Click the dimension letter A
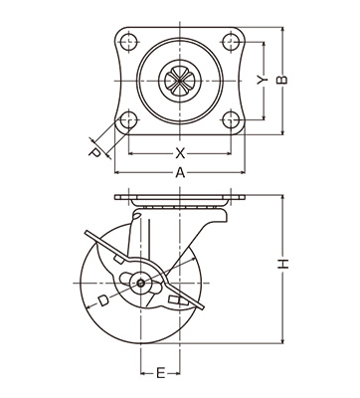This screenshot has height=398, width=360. tap(180, 173)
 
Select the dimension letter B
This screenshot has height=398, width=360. tap(281, 80)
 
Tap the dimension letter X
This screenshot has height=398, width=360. tap(180, 153)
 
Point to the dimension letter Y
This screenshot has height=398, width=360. tap(263, 80)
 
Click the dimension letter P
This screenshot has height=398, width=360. tap(95, 153)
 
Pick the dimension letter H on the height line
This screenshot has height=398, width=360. tap(283, 263)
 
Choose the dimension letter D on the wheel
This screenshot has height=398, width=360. tap(103, 300)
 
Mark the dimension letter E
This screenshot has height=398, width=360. tap(160, 373)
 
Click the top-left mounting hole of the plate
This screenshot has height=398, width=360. tap(128, 42)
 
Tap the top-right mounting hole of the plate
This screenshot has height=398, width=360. tap(231, 42)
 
